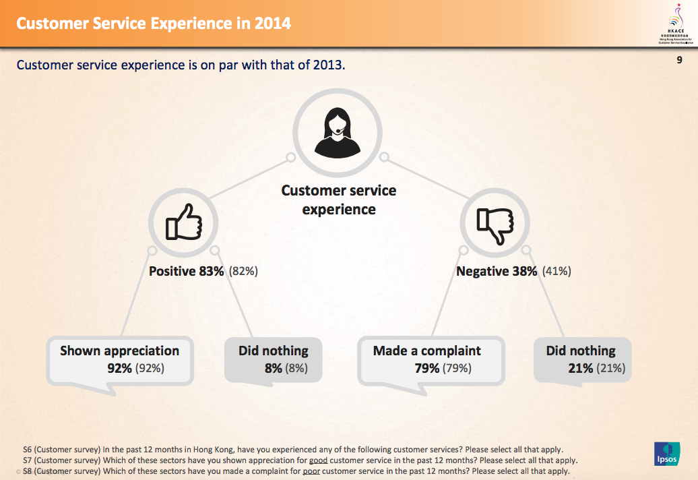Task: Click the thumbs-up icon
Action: point(183,222)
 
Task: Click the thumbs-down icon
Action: point(495,222)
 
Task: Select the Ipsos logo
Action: point(666,454)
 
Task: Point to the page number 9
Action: point(679,60)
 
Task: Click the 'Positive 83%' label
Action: point(187,272)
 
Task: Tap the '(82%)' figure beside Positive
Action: point(243,272)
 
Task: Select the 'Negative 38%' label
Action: point(497,272)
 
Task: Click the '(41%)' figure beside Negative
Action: point(557,272)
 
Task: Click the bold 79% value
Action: point(427,368)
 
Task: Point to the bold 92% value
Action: point(120,368)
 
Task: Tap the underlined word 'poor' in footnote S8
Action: point(312,471)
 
